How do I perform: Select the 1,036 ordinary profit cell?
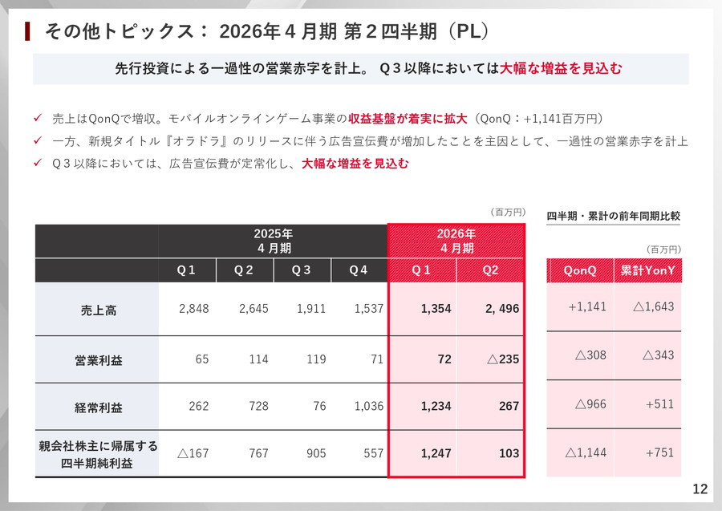point(368,407)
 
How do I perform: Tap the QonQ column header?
point(580,271)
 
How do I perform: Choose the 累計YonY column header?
point(647,271)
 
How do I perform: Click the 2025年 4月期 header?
point(273,240)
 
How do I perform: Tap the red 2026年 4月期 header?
point(456,240)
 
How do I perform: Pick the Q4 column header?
point(359,270)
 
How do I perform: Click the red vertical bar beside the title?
point(28,31)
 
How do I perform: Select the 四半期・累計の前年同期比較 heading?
point(613,216)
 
